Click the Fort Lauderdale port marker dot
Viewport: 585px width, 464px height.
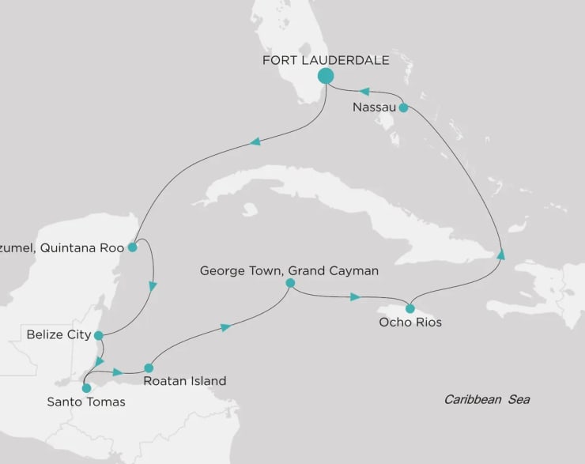[325, 76]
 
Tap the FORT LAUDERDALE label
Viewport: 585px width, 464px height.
[325, 59]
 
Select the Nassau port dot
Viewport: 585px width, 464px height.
[403, 108]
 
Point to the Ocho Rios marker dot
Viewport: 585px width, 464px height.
[410, 308]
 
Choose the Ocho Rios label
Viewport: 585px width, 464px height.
[411, 323]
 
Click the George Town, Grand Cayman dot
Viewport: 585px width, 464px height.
[290, 283]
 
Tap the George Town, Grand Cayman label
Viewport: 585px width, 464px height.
[289, 270]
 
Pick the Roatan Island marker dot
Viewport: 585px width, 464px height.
[149, 368]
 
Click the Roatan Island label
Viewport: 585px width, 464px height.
[185, 381]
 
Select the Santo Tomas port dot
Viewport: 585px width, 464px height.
[86, 388]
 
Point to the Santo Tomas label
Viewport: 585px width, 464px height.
[85, 402]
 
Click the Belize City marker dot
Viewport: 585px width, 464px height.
[98, 334]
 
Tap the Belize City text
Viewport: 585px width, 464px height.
[58, 334]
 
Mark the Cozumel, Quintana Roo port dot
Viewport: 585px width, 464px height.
[132, 247]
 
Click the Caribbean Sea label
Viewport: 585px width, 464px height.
[486, 399]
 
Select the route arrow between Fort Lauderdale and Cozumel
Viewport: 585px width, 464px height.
[255, 142]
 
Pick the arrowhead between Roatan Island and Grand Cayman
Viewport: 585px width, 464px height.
[225, 326]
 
